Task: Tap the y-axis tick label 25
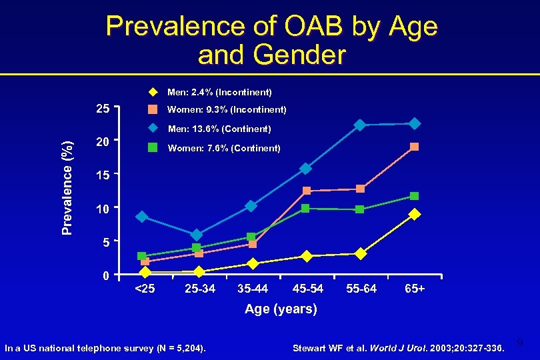pos(103,109)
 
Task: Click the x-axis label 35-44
pos(253,289)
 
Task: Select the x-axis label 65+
pos(414,289)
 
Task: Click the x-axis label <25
pos(144,289)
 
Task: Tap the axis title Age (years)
pos(281,309)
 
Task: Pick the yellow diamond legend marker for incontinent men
pos(152,91)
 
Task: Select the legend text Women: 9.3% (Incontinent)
pos(227,109)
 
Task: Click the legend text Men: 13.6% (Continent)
pos(219,129)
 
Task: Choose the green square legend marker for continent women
pos(152,148)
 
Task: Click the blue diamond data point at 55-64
pos(360,125)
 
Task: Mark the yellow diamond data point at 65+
pos(415,214)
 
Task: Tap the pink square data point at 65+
pos(415,147)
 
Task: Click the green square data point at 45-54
pos(305,209)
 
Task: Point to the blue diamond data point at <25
pos(141,217)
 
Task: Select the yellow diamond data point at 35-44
pos(252,264)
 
